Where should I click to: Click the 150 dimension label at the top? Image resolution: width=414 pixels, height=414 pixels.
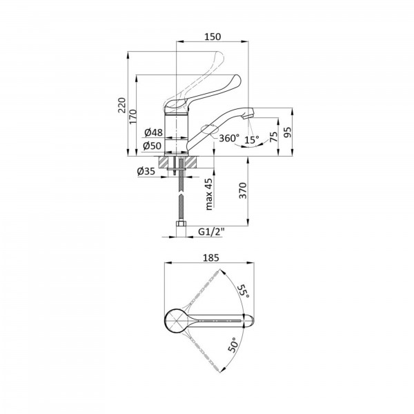coord(213,37)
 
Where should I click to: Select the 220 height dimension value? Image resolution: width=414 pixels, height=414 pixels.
coord(121,105)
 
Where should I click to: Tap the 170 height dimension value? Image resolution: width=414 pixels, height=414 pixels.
coord(132,117)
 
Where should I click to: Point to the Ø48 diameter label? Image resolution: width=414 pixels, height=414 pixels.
coord(154,132)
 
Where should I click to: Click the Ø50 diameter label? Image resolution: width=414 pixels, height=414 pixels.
coord(152,146)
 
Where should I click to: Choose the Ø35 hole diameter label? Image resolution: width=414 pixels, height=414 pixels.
coord(146,171)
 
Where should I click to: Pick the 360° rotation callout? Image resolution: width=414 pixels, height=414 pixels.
coord(229,138)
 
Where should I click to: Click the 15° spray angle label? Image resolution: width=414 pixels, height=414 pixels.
coord(251,139)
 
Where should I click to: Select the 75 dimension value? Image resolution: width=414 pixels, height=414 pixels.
coord(274,137)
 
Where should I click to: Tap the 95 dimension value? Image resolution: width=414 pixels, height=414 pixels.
coord(288,132)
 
